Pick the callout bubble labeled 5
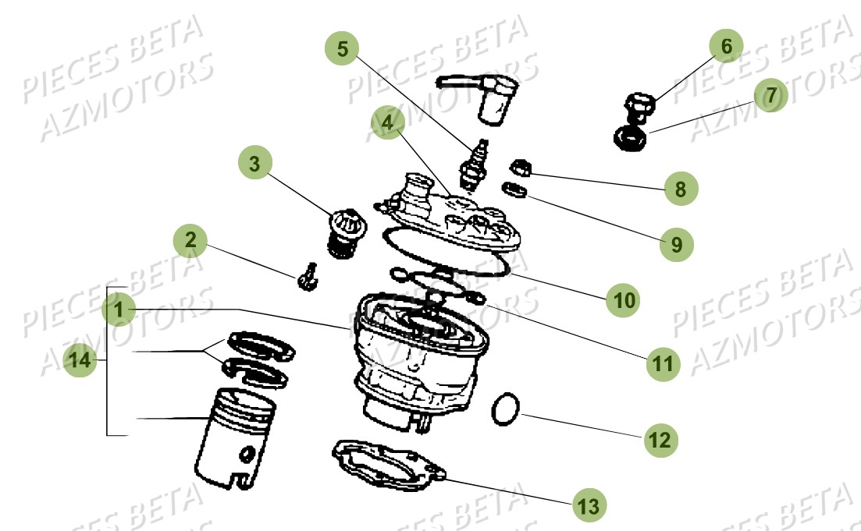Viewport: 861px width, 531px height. (x=342, y=48)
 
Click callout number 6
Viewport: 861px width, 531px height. (x=726, y=46)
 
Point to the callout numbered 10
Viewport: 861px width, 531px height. (x=624, y=299)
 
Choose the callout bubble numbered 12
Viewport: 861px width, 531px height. (x=660, y=439)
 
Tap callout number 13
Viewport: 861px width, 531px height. (x=588, y=505)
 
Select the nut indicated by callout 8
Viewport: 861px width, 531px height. (x=521, y=168)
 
